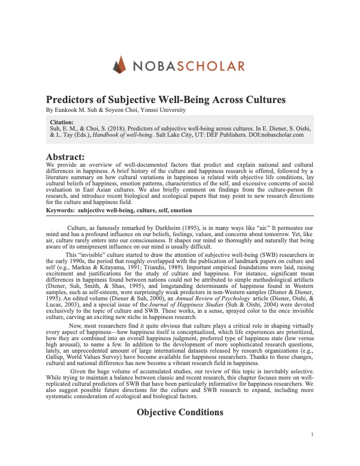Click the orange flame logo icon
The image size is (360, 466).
click(120, 65)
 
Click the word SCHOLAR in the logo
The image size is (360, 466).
click(212, 66)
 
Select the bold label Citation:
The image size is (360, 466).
click(62, 122)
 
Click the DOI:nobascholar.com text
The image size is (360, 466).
click(275, 135)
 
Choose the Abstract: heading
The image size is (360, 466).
click(65, 156)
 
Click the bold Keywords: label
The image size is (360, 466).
click(60, 211)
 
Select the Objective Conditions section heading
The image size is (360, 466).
click(180, 412)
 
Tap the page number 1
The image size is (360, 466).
click(312, 434)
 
